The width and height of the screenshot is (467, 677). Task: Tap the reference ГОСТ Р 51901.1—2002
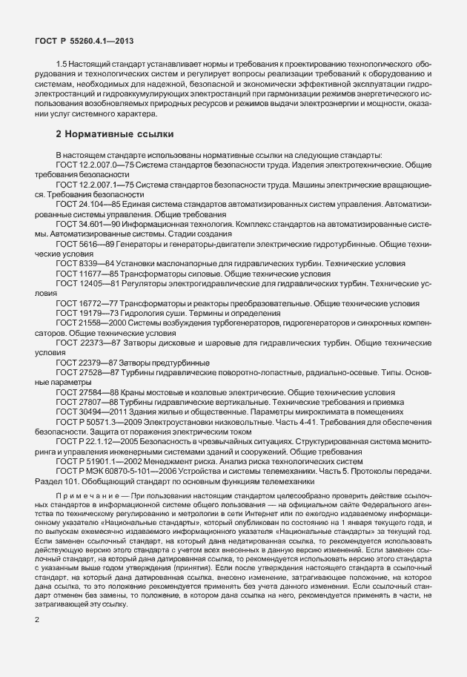pyautogui.click(x=96, y=460)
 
